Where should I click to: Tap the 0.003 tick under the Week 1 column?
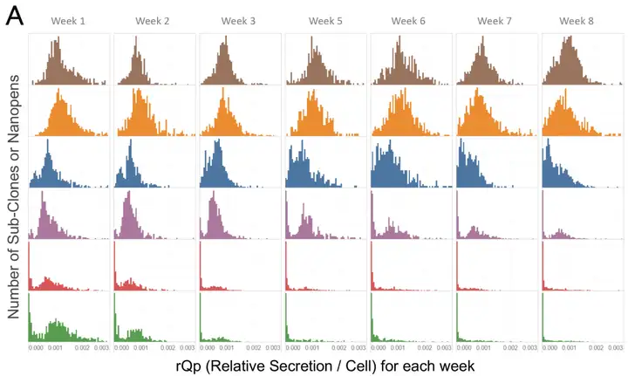[x=101, y=347]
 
